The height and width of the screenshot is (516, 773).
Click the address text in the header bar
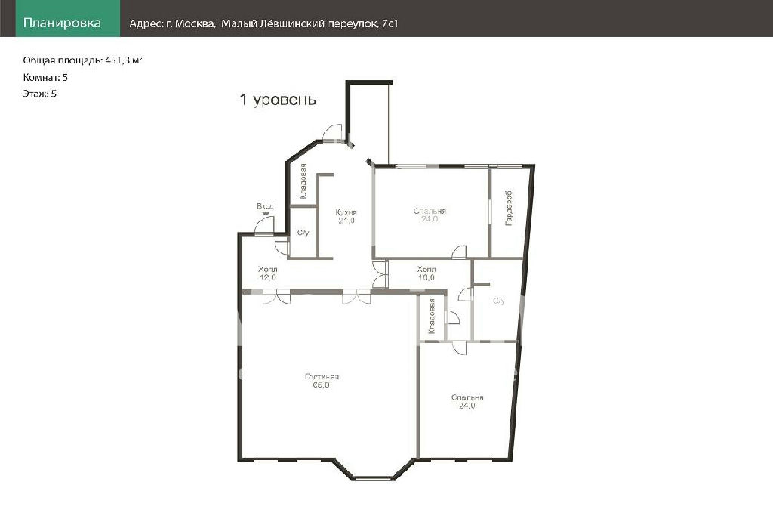(x=263, y=23)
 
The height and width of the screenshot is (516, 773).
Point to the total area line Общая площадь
(x=83, y=60)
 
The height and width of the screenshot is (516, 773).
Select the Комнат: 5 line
(x=45, y=77)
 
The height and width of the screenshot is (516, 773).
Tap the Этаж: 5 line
(x=39, y=93)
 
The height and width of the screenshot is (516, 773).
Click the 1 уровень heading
(x=278, y=99)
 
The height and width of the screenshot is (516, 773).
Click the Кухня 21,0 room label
(x=346, y=216)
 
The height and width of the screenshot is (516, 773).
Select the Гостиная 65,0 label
(x=322, y=381)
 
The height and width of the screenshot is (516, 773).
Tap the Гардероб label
(x=509, y=209)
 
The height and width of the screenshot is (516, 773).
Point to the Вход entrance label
(x=265, y=206)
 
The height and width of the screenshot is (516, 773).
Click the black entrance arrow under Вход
(x=266, y=213)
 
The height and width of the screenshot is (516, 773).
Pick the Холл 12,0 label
(x=268, y=273)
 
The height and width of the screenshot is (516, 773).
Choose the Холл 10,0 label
(x=427, y=273)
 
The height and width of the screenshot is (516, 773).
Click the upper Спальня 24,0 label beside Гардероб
(x=430, y=215)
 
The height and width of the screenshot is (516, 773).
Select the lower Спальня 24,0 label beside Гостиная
(x=467, y=402)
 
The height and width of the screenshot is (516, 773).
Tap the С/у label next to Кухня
(x=303, y=233)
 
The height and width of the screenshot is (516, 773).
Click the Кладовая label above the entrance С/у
(x=303, y=181)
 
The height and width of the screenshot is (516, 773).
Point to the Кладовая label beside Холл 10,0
(x=432, y=317)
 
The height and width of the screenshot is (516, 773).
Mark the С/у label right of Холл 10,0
(x=499, y=301)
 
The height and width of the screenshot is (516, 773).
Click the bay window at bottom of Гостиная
(x=373, y=477)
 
